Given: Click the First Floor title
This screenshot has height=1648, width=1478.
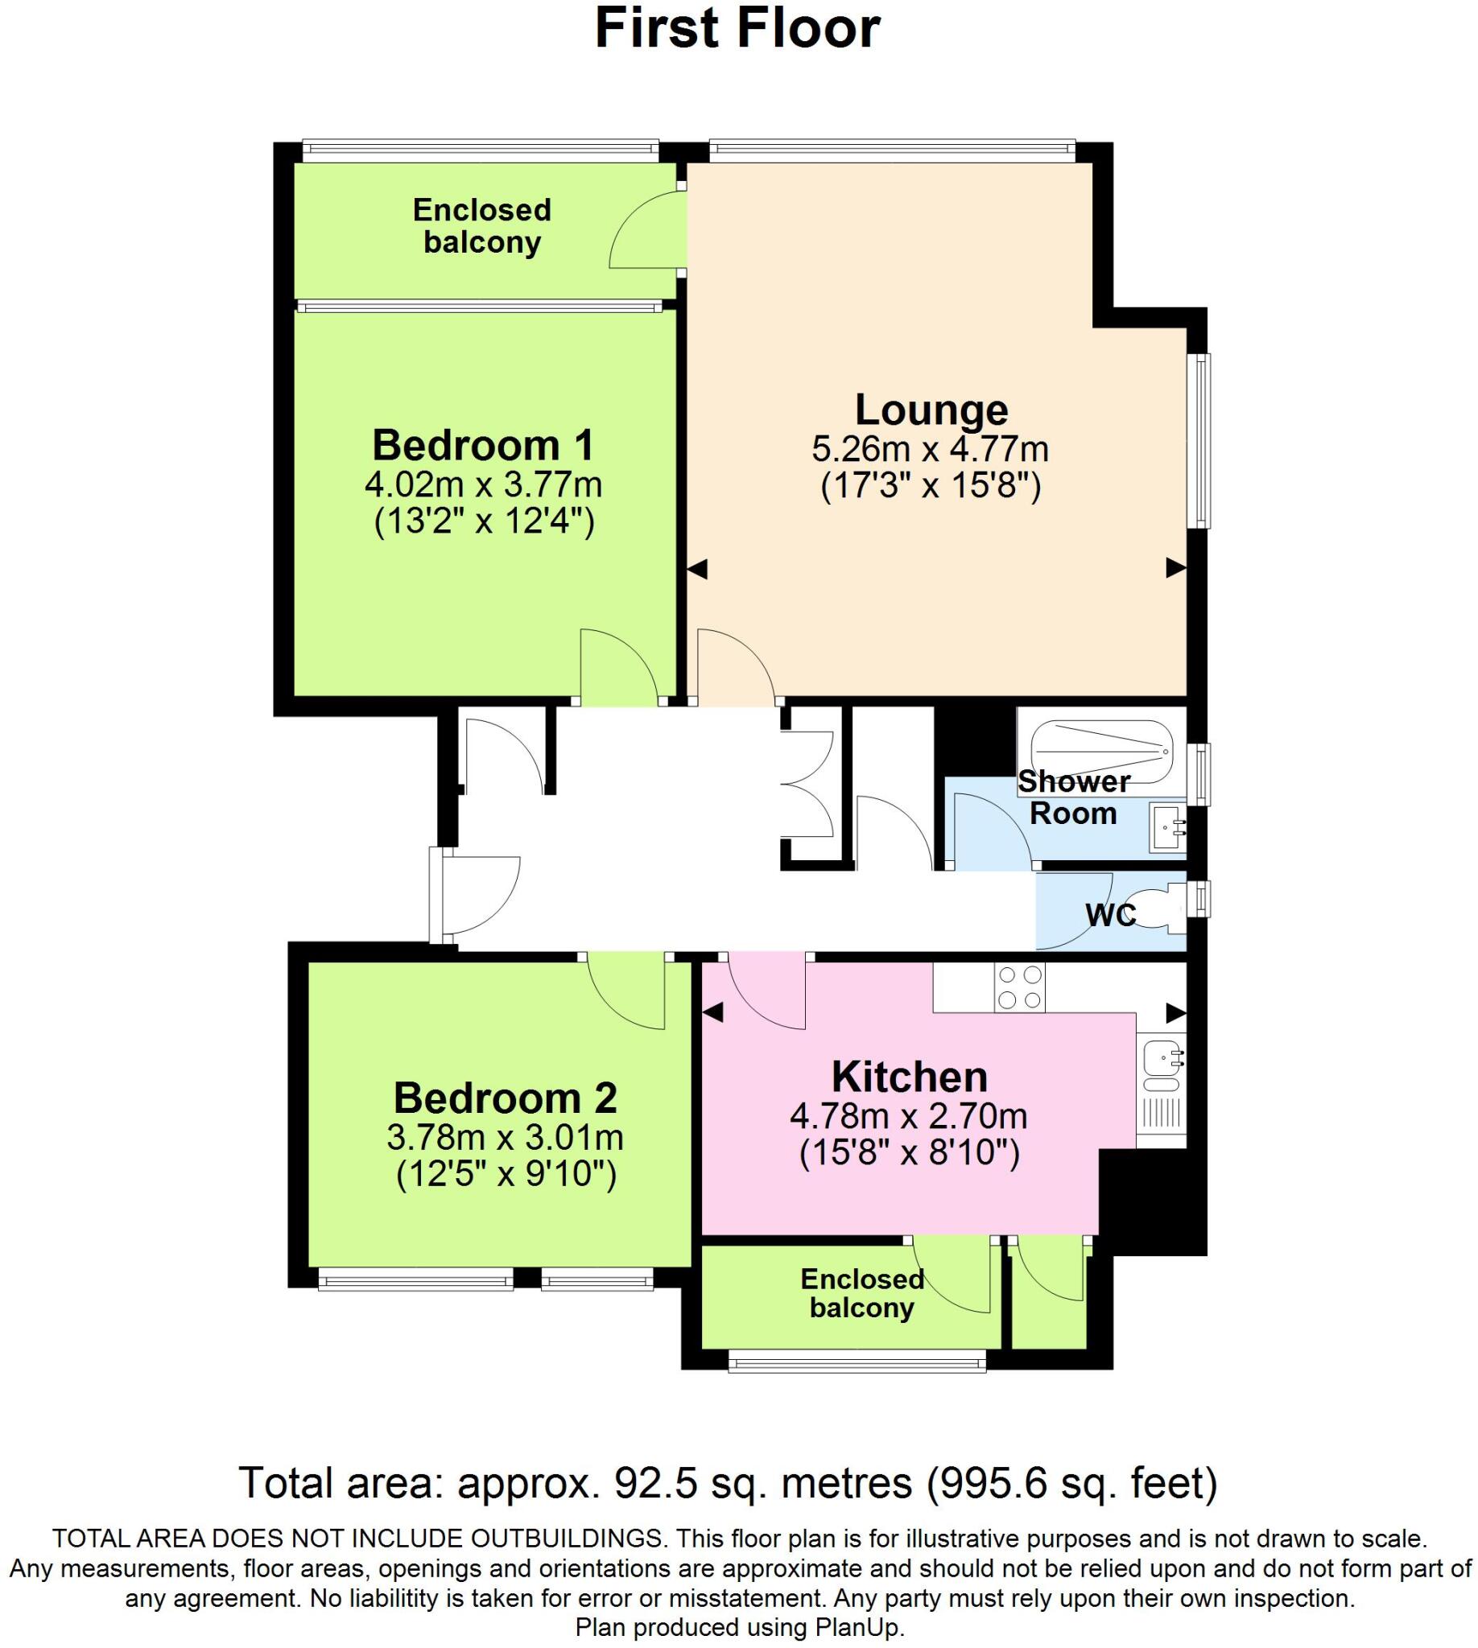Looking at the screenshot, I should [x=737, y=28].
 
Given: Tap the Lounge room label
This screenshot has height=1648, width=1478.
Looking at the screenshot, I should [x=931, y=410].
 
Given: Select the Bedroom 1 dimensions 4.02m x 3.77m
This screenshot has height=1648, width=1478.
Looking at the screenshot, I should [x=483, y=485].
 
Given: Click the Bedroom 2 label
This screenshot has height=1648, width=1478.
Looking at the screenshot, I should [x=505, y=1098].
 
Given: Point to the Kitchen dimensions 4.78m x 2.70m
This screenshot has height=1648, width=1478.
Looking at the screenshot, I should [x=909, y=1117].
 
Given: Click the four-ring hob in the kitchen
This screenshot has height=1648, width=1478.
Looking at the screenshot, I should [x=1020, y=987].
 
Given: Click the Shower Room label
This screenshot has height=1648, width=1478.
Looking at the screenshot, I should [x=1074, y=797].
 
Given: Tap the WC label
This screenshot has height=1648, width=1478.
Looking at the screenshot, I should [x=1110, y=915].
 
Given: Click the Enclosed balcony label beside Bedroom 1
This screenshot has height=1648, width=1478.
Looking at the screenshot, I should [x=482, y=226].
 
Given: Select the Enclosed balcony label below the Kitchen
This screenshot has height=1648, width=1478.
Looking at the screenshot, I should [x=862, y=1293].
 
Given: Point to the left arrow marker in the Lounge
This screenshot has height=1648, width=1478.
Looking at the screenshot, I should [x=698, y=569].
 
